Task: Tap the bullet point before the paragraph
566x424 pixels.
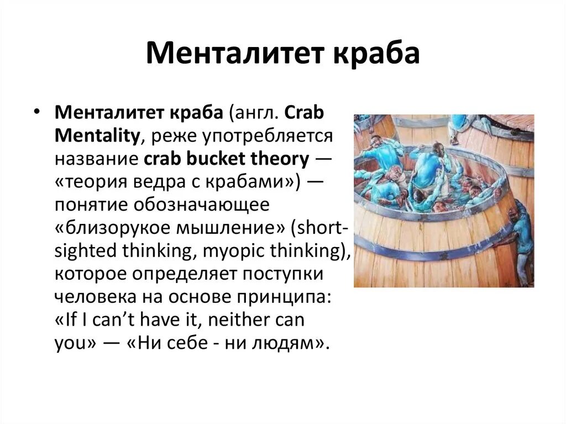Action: coord(37,110)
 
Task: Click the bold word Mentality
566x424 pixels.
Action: coord(97,135)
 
